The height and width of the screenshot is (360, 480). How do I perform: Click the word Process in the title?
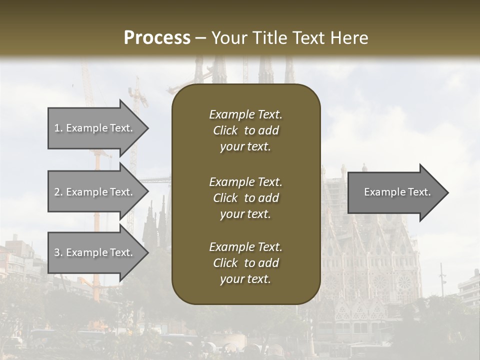pos(157,38)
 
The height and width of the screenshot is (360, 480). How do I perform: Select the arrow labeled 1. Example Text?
pos(95,128)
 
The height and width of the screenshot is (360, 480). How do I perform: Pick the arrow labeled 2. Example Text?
pos(95,192)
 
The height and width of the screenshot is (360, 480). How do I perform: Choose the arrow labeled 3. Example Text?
pos(95,252)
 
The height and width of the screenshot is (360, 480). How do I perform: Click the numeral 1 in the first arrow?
pos(57,128)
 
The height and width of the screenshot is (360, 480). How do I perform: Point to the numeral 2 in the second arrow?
pos(57,192)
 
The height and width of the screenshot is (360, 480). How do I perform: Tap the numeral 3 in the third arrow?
pos(57,252)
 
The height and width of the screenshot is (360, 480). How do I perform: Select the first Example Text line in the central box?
pos(245,114)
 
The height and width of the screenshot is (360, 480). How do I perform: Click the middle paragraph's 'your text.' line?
pos(245,214)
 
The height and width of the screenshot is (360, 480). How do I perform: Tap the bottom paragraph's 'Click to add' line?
pos(245,263)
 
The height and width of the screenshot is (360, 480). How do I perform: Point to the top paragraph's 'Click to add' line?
pos(245,130)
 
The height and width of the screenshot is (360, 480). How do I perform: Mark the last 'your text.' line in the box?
pos(245,279)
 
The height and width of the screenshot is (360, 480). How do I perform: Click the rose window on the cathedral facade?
pos(404,283)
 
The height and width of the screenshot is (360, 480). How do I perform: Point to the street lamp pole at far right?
pos(442,280)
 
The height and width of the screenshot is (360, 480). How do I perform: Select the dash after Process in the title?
pos(201,38)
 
